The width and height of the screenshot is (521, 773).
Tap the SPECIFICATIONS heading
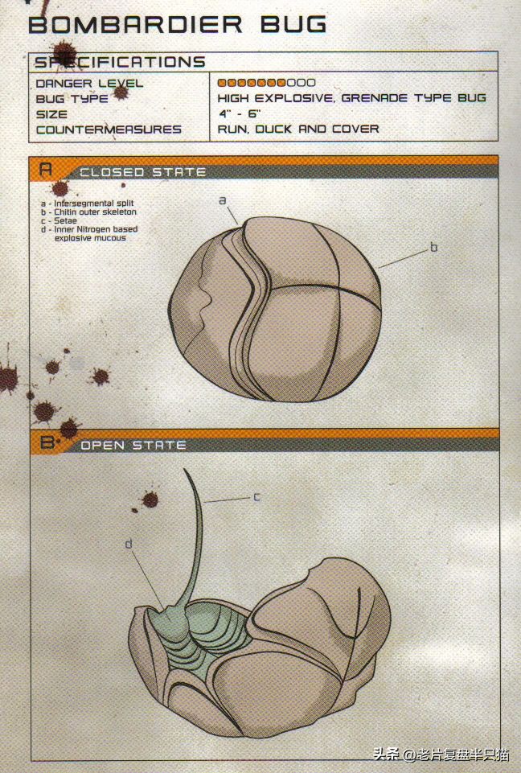(x=120, y=62)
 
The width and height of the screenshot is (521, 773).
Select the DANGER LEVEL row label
(x=89, y=84)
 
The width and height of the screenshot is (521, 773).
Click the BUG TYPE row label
(x=72, y=99)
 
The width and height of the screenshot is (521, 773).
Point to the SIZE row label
(x=51, y=114)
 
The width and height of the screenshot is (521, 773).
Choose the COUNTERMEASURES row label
(x=109, y=130)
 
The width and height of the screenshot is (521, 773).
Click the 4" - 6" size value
(x=240, y=113)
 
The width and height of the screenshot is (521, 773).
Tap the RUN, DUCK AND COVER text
(x=298, y=130)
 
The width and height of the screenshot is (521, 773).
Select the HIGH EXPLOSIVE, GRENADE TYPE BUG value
(x=352, y=98)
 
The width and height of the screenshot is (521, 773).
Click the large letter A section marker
(x=45, y=170)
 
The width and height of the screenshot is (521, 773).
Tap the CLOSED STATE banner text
(x=143, y=172)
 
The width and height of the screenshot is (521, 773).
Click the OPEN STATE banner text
(x=133, y=446)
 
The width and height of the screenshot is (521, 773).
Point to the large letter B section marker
(x=47, y=442)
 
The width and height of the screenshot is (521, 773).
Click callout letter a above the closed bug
(x=222, y=200)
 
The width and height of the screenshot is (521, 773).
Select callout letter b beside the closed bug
(x=433, y=247)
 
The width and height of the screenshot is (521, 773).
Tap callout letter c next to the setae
(x=256, y=497)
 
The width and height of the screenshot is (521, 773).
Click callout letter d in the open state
(x=129, y=544)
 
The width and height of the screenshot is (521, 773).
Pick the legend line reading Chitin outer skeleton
(x=88, y=212)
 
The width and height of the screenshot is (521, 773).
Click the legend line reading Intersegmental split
(x=88, y=204)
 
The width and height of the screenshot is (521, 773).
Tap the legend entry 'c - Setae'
(x=59, y=221)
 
